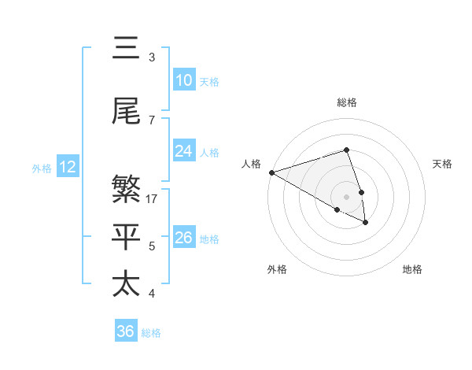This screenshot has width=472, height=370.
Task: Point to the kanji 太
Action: pos(126,283)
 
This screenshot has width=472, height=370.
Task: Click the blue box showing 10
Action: pos(183,80)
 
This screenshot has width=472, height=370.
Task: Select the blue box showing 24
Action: pos(183,151)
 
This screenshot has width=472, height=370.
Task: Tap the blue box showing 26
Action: pos(183,238)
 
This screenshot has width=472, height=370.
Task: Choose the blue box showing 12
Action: pos(67,167)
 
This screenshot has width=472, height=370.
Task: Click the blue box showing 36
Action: pos(126,331)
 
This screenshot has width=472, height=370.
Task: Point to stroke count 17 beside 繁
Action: pos(153,199)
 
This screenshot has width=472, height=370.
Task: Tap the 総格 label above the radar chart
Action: pos(346,102)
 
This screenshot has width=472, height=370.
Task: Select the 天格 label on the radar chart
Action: pos(442,164)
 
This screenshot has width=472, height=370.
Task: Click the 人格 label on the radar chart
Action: pos(251,164)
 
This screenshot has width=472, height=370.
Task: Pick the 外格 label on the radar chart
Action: pos(277,269)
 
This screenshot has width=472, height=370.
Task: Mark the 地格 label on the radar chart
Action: pos(412,269)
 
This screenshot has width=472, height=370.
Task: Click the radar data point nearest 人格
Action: pos(271,172)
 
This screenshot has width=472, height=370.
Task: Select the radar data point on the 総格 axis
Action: pos(346,150)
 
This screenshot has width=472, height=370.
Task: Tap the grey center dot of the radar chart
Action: pos(346,197)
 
